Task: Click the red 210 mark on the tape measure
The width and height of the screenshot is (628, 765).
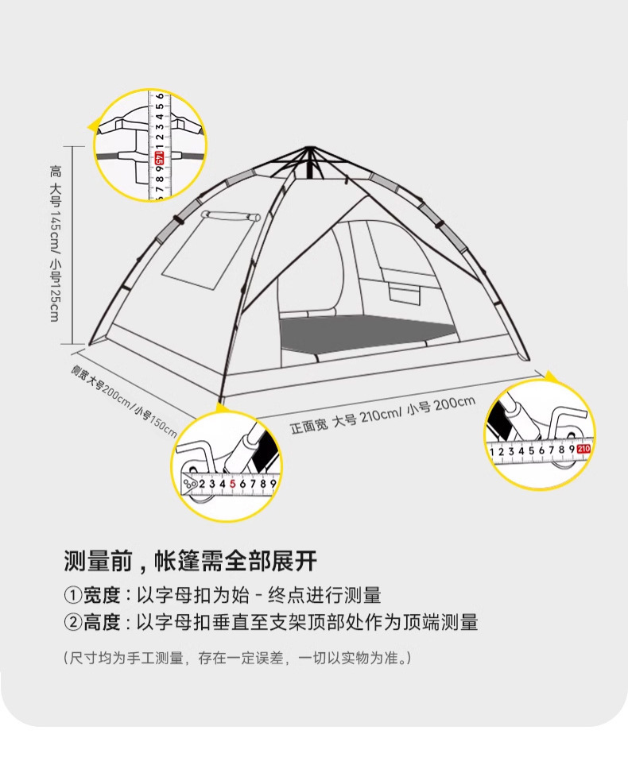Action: click(x=584, y=450)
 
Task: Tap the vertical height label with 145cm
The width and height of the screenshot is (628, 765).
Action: click(x=55, y=242)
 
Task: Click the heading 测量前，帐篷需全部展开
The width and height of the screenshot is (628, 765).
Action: click(x=190, y=561)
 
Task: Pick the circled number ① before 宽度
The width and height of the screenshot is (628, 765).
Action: click(x=72, y=596)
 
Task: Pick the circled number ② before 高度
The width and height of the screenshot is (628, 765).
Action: click(x=72, y=623)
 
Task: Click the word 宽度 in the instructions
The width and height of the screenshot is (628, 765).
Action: click(x=101, y=596)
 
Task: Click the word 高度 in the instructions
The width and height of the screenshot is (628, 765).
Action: click(x=101, y=623)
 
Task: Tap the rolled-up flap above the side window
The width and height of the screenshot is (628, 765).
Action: click(x=231, y=215)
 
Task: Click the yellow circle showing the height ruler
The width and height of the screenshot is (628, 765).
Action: click(x=149, y=145)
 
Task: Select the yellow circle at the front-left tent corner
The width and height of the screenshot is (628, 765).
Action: click(x=227, y=466)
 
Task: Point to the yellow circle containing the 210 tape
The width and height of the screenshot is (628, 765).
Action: click(x=540, y=435)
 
